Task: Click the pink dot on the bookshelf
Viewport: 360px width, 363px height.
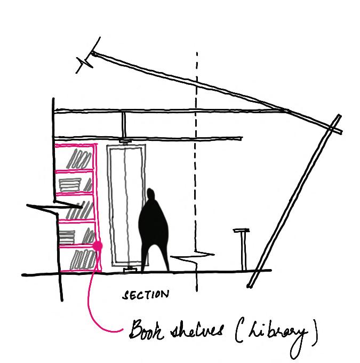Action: click(x=98, y=246)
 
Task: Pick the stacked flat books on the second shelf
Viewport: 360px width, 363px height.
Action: click(x=71, y=184)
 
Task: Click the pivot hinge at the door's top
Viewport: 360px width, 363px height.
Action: click(x=126, y=143)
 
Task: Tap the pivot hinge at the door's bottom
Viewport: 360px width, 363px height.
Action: click(x=129, y=269)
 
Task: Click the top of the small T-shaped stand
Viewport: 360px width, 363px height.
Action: click(x=241, y=231)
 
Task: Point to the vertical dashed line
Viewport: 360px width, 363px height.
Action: click(x=197, y=160)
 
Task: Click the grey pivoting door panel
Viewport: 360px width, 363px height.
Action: click(x=126, y=206)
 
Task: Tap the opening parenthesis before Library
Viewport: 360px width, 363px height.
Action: click(x=237, y=333)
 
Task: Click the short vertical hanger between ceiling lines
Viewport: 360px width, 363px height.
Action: click(x=123, y=123)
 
